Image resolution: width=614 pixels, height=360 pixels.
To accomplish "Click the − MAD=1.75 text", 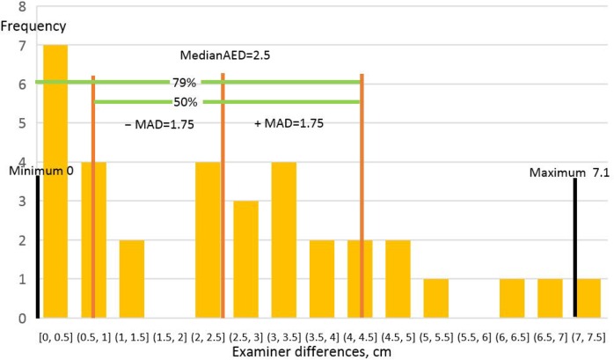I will [160, 124].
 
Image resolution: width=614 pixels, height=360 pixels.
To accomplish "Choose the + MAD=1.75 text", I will [289, 124].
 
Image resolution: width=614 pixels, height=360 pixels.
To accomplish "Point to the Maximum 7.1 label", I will [569, 173].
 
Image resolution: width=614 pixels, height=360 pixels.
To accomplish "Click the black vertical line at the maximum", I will [574, 246].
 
